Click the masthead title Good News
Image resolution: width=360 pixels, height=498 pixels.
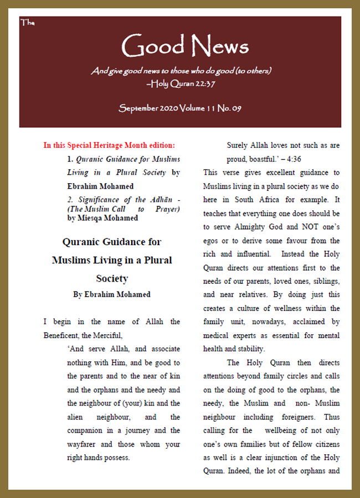click(184, 46)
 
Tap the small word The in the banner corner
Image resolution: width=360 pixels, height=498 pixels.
click(27, 23)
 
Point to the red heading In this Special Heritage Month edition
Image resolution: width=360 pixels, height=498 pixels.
click(109, 146)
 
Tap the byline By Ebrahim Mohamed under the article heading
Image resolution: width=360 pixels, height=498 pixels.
click(111, 294)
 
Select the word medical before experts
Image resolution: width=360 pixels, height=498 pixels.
click(217, 335)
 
